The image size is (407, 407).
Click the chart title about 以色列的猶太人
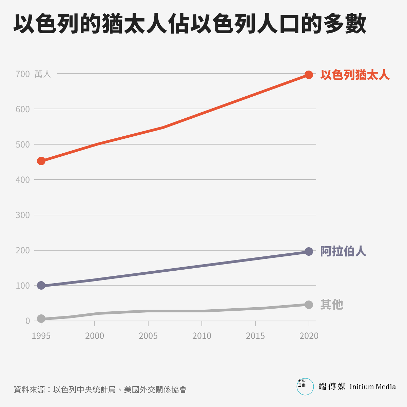[190, 24]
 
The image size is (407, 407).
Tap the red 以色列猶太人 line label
[355, 75]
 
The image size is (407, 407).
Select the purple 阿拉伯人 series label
[343, 251]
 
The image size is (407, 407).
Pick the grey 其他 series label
[332, 305]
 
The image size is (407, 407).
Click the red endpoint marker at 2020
[309, 75]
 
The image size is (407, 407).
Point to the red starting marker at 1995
[41, 161]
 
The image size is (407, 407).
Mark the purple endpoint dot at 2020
[309, 251]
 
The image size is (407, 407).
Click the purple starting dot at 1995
[41, 285]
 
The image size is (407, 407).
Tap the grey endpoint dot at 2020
[309, 305]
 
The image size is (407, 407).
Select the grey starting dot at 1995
[41, 318]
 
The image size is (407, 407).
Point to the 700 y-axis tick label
[23, 74]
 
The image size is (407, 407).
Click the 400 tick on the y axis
[23, 180]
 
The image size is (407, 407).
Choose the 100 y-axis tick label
[23, 286]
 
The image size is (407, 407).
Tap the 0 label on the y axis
[27, 321]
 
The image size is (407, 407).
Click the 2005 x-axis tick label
[148, 336]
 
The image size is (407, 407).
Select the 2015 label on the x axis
[255, 336]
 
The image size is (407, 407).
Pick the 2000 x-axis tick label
[95, 336]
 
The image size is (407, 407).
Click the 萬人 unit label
[43, 74]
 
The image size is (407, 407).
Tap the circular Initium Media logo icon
[305, 386]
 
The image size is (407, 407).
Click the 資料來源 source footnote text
[100, 389]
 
